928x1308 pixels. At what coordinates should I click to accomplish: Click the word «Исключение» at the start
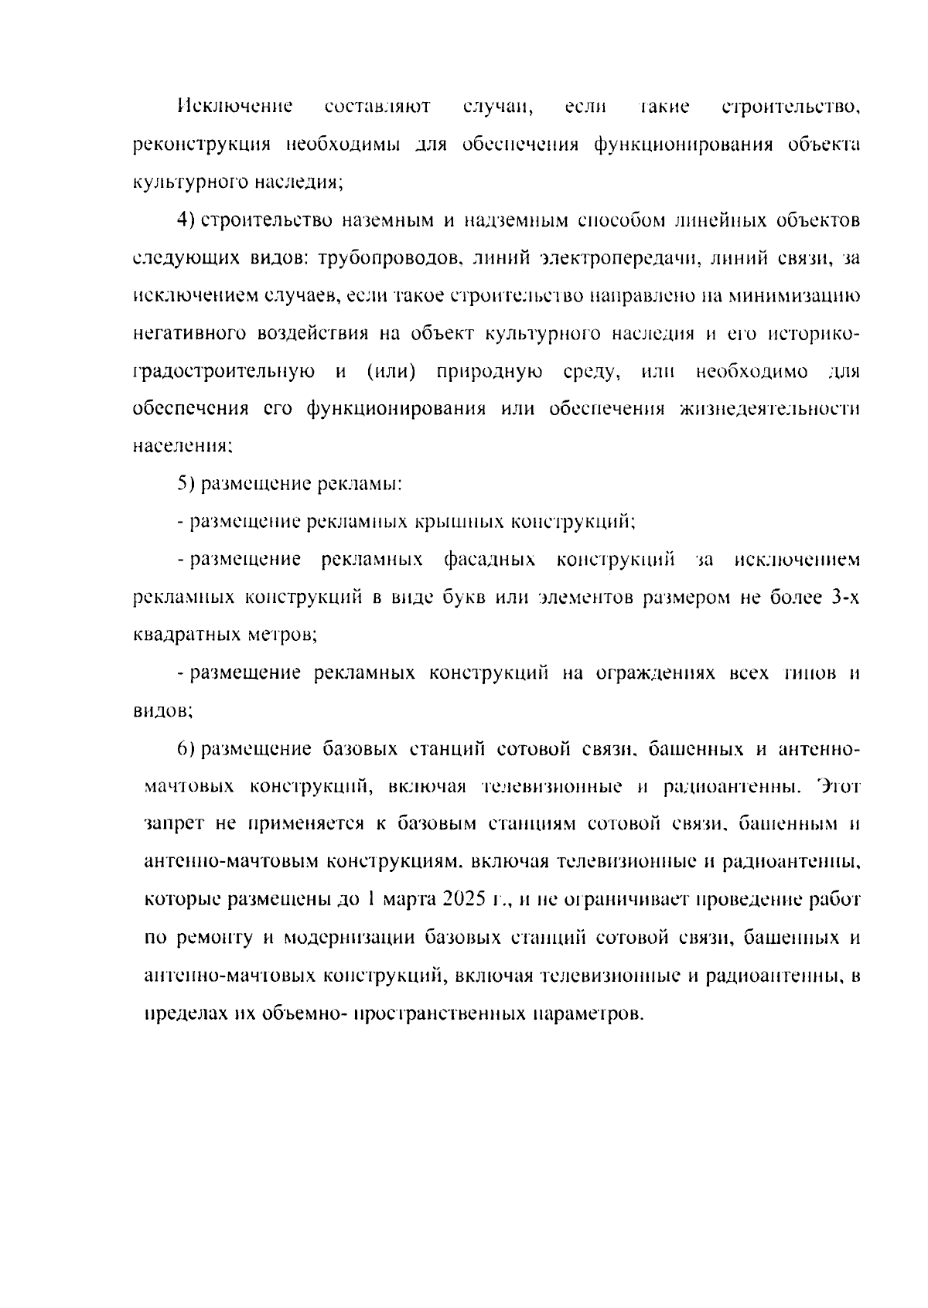[x=234, y=107]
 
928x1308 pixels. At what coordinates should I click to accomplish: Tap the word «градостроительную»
[x=224, y=372]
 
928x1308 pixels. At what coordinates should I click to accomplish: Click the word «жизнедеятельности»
[x=770, y=409]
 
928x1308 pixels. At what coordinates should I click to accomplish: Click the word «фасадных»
[x=490, y=560]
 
